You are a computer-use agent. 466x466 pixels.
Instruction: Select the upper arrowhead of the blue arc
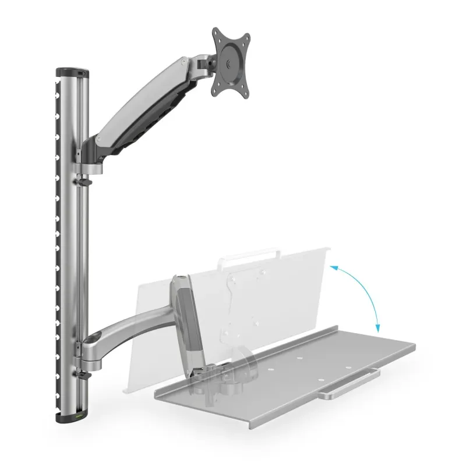tap(333, 267)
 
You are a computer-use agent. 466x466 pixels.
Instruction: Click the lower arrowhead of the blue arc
tap(377, 329)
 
